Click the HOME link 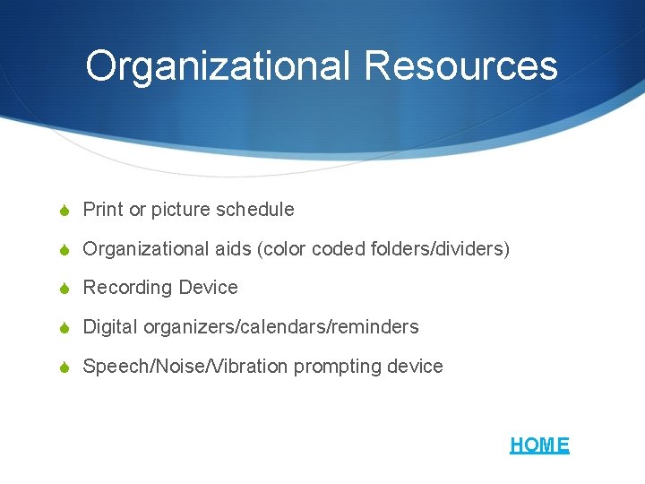539,445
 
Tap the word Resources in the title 460,65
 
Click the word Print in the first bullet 103,210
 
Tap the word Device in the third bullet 209,288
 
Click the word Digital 107,327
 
